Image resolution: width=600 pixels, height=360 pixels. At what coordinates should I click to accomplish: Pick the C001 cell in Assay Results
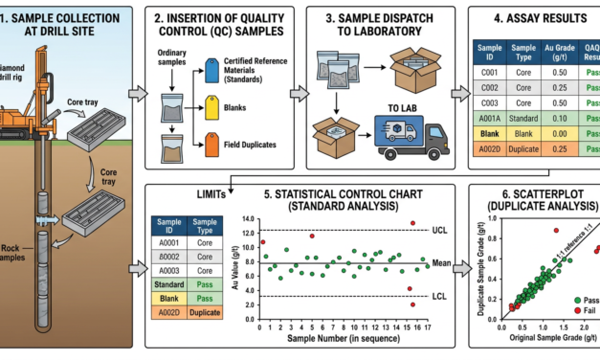pyautogui.click(x=492, y=70)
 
